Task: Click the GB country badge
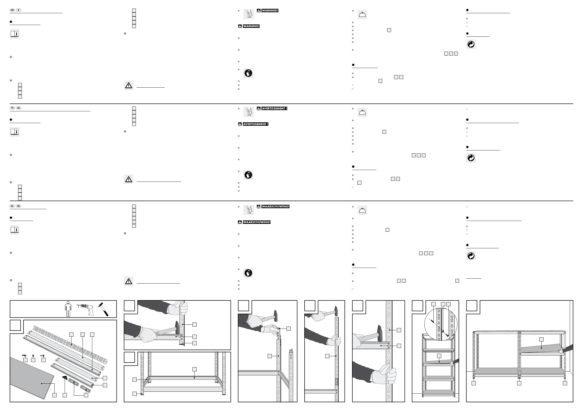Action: coord(12,10)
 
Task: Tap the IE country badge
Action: coord(19,10)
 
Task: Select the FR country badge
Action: coord(12,108)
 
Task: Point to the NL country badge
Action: coord(12,206)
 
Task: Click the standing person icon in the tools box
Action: coord(68,309)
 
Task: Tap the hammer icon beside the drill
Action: coord(103,309)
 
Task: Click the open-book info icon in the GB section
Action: coord(14,34)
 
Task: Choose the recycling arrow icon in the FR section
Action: coord(471,158)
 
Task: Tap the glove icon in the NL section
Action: coord(248,273)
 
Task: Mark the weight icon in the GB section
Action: coord(362,15)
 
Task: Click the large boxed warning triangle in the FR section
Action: coord(129,179)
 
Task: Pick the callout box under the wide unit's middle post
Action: coord(519,383)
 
